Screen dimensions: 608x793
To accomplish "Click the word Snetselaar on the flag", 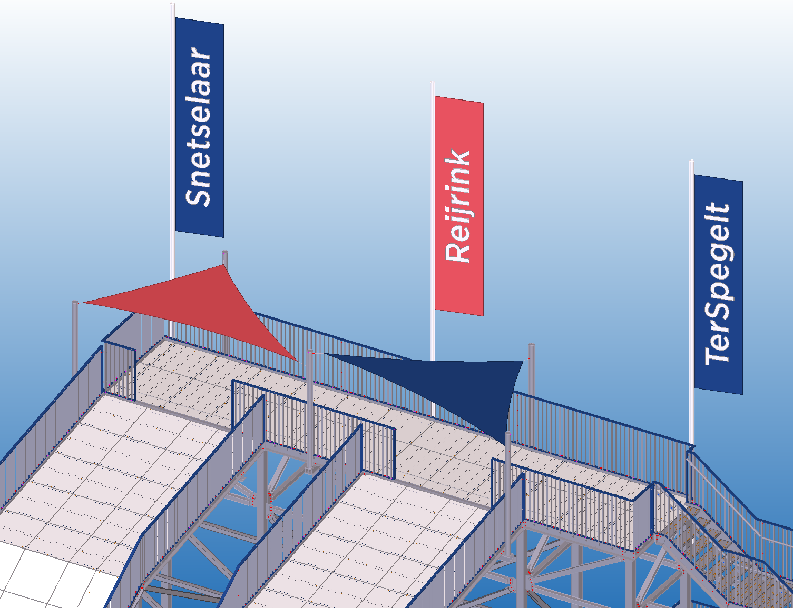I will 199,127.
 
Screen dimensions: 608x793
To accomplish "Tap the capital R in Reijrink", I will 458,251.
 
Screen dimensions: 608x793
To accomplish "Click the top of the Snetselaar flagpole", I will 173,5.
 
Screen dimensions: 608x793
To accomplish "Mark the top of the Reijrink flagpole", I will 432,84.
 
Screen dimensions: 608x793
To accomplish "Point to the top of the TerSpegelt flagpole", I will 692,162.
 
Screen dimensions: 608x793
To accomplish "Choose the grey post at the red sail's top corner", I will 225,258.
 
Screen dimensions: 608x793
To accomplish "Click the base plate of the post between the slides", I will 310,468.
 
